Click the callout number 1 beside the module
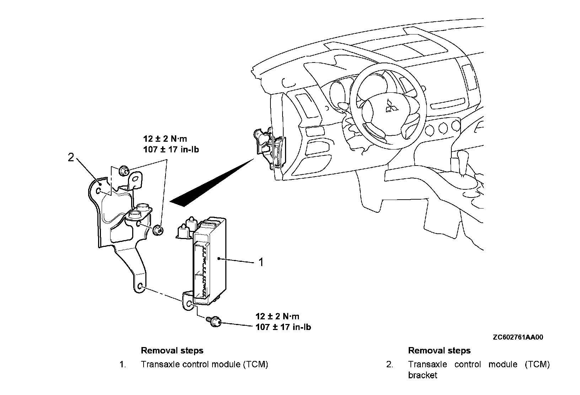(261, 263)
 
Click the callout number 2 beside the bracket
(71, 157)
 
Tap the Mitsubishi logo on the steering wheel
(391, 105)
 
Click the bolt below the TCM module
(214, 322)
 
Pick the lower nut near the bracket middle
(158, 230)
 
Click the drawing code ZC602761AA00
(518, 337)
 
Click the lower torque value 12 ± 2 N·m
(277, 316)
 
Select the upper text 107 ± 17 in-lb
(171, 150)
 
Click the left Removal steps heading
(172, 351)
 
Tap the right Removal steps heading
(439, 351)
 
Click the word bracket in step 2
(423, 375)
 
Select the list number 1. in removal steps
(123, 364)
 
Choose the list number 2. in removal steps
(390, 364)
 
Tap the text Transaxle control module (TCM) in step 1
(204, 364)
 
